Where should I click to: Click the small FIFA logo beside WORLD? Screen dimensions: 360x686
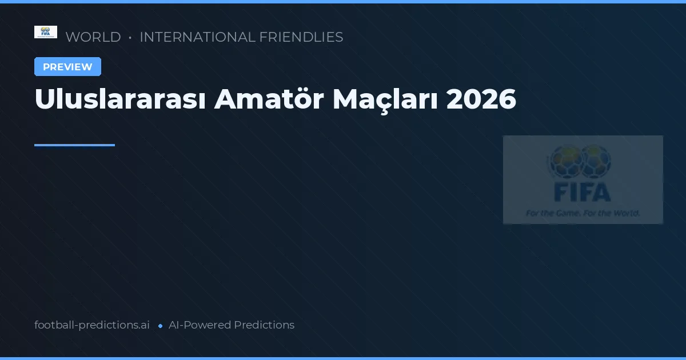pos(46,32)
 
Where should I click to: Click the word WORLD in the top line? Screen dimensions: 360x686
pos(93,37)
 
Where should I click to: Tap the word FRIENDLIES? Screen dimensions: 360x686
pos(301,37)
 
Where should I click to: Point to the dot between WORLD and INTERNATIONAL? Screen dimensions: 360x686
pos(130,38)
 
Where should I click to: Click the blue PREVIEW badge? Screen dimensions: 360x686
pos(67,67)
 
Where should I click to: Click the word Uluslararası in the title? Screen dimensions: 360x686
pos(119,99)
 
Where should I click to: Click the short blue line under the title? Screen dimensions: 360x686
pos(74,145)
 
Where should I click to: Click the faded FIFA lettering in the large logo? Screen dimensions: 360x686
pos(583,193)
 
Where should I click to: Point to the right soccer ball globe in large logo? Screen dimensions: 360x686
pos(596,161)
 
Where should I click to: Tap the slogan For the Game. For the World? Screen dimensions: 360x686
pos(583,213)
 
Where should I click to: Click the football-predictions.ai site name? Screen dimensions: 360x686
pos(92,325)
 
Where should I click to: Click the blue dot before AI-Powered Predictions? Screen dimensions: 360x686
pos(160,326)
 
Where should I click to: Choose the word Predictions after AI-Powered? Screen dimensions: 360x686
pos(264,325)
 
